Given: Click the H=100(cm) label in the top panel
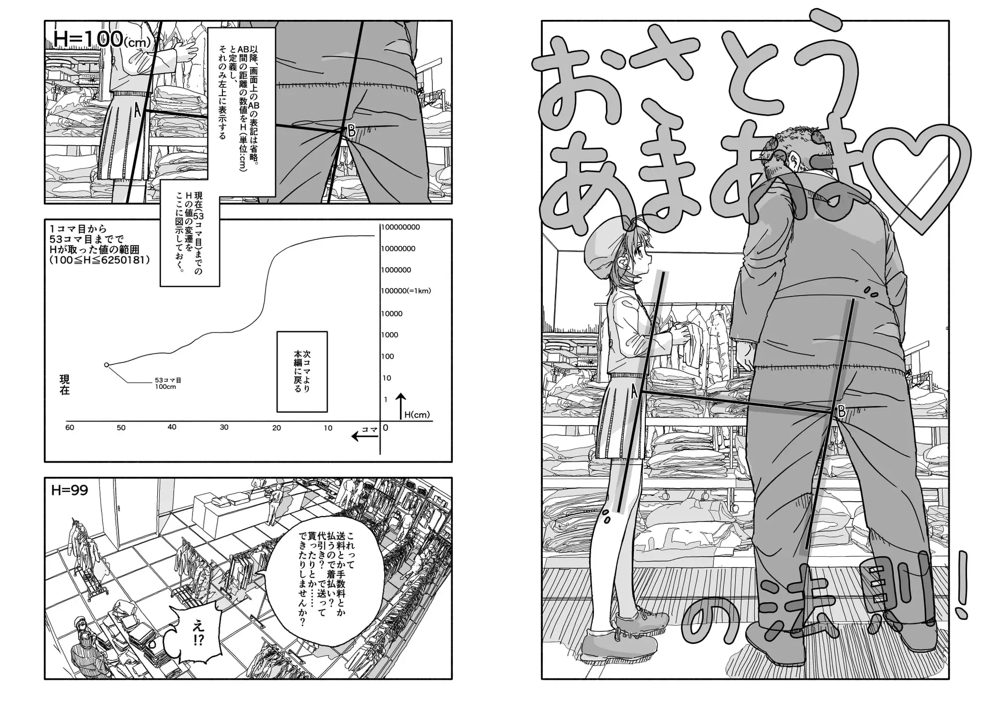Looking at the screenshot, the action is [x=101, y=39].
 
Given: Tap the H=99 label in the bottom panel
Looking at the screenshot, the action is [x=70, y=490].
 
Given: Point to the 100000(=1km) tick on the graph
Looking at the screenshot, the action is [x=406, y=291].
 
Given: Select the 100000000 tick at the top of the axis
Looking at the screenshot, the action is [x=400, y=227].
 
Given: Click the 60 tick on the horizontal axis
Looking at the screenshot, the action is [x=70, y=428].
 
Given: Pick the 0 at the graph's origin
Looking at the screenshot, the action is [x=386, y=428].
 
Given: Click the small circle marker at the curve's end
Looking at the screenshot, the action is [x=106, y=365].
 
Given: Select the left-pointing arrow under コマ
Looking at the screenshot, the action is [x=365, y=437].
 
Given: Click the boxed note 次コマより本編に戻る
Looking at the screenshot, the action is [x=302, y=371].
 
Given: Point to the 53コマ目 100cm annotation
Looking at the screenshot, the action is [x=168, y=383].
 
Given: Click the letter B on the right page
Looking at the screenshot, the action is [x=841, y=412].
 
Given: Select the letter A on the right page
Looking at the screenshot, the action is [x=634, y=392].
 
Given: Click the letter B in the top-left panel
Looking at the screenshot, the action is [x=351, y=131].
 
